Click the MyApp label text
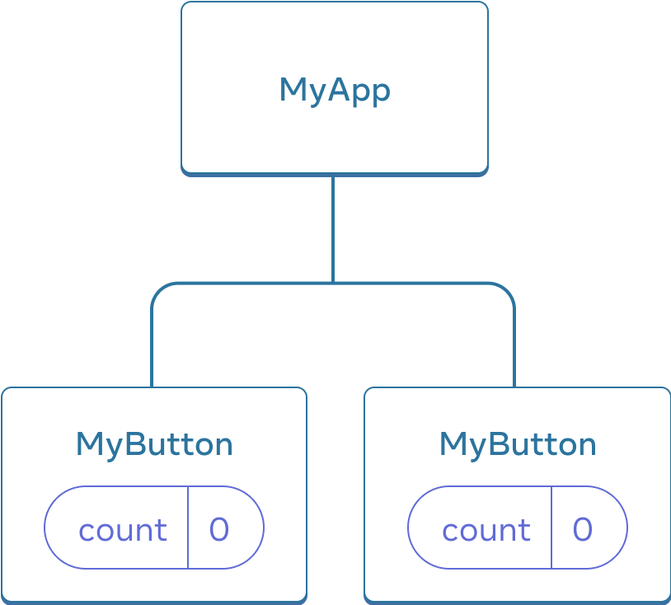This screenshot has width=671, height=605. click(x=334, y=90)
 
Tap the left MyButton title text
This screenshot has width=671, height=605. click(x=154, y=445)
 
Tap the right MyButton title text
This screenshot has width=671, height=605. click(x=518, y=445)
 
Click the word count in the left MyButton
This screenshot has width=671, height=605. click(x=123, y=530)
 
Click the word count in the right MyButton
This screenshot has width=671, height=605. click(x=486, y=530)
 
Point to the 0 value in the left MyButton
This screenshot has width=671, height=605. click(x=219, y=529)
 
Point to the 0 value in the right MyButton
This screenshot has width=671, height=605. click(x=583, y=529)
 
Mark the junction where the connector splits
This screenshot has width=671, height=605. click(x=332, y=283)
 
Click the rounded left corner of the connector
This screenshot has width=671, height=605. click(x=158, y=290)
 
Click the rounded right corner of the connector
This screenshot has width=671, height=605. click(x=507, y=290)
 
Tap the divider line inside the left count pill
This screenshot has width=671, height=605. click(x=188, y=528)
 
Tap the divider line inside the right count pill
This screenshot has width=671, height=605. click(x=551, y=528)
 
